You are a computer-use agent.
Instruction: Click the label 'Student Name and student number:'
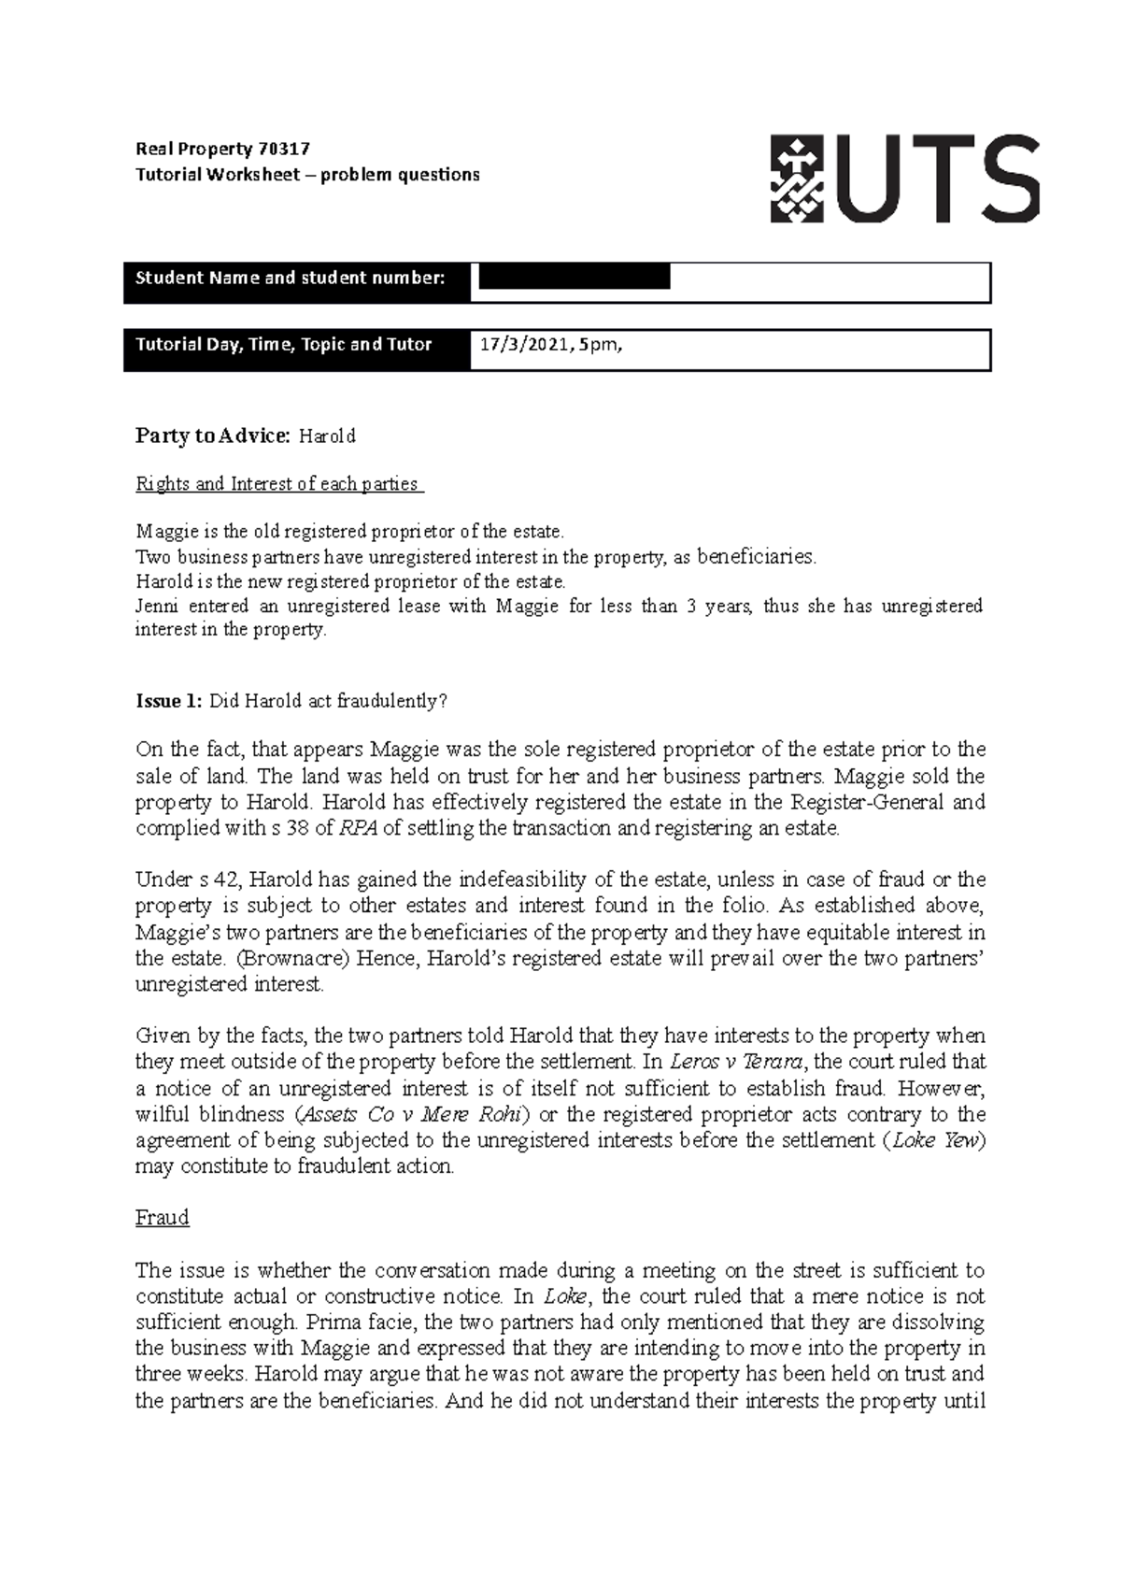[x=291, y=278]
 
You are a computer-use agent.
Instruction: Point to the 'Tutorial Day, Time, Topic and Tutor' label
[x=284, y=345]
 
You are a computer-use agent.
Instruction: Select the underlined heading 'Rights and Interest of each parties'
[x=278, y=484]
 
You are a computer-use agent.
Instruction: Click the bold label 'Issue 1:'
[x=169, y=702]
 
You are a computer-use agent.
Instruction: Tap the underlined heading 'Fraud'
[x=163, y=1218]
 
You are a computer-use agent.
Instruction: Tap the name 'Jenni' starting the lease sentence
[x=157, y=606]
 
